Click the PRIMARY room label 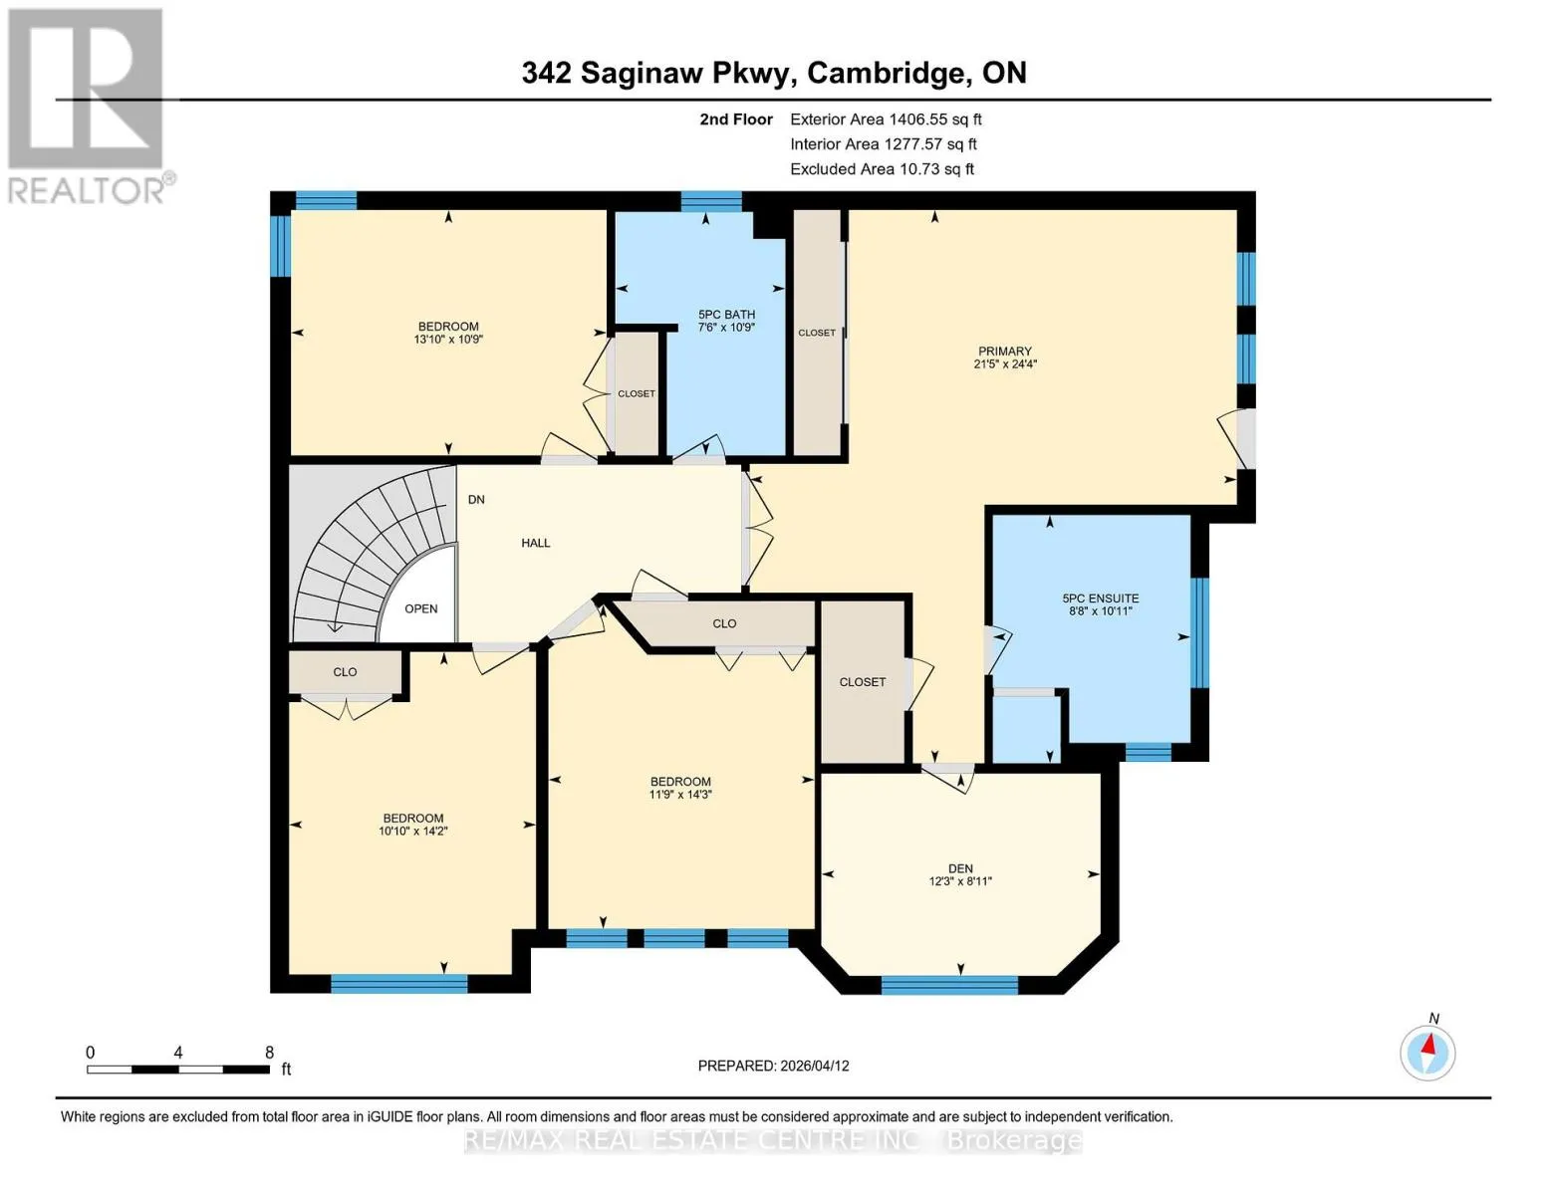point(1004,351)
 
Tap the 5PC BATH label point(726,314)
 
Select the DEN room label point(960,868)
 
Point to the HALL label point(535,543)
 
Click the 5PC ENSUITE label point(1101,598)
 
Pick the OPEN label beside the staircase point(420,608)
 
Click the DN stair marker point(476,500)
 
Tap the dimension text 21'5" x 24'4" point(1005,363)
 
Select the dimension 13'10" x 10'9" point(448,340)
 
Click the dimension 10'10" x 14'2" point(413,831)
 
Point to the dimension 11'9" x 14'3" point(680,795)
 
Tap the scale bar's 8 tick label point(269,1053)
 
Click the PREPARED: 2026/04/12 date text point(773,1066)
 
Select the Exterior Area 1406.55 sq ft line point(886,119)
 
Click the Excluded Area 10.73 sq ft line point(882,169)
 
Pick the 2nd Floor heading point(736,119)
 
